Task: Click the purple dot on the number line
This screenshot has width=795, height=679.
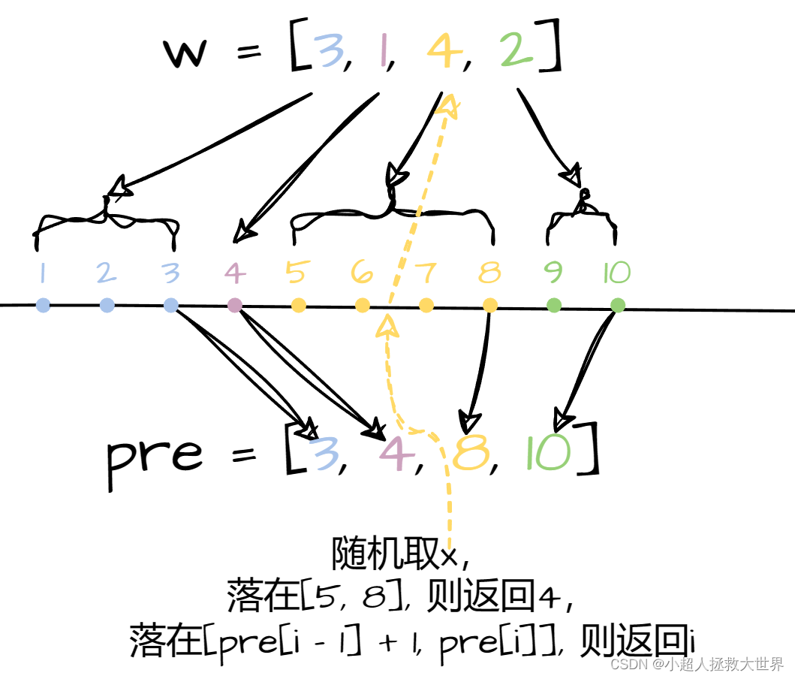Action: (x=235, y=305)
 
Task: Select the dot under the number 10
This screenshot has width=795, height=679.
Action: (x=618, y=305)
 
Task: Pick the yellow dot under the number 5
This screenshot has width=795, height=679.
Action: (x=299, y=305)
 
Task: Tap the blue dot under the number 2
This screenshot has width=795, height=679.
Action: (x=107, y=305)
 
